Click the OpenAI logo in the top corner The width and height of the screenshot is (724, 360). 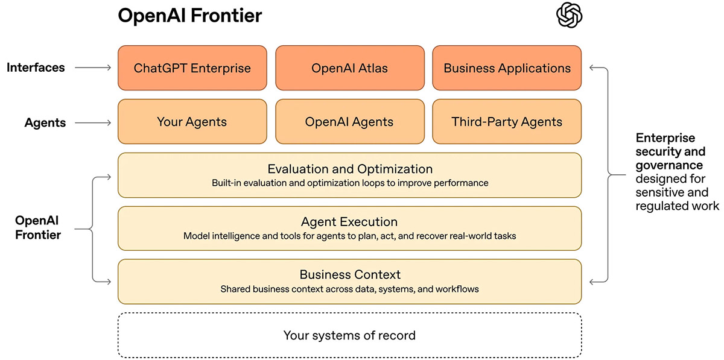tap(570, 15)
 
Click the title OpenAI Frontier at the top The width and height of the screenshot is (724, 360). tap(190, 16)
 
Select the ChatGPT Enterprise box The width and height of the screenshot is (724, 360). tap(192, 68)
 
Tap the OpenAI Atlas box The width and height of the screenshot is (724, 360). tap(349, 68)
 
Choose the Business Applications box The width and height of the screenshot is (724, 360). tap(507, 68)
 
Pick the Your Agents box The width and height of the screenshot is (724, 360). tap(192, 122)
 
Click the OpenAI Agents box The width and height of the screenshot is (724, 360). tap(349, 122)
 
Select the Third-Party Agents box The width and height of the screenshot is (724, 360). tap(507, 122)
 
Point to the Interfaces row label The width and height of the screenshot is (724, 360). tap(36, 68)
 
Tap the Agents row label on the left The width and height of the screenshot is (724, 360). tap(45, 122)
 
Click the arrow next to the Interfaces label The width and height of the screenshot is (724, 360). tap(94, 68)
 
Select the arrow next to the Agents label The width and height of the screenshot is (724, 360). tap(94, 122)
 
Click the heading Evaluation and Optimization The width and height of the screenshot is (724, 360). tap(350, 169)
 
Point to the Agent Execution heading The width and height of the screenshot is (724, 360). tap(349, 222)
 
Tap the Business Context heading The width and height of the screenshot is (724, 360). tap(350, 275)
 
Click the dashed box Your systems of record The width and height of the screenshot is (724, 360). tap(349, 335)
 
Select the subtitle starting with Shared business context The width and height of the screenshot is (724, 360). tap(349, 289)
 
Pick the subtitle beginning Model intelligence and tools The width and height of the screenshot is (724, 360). tap(349, 236)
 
